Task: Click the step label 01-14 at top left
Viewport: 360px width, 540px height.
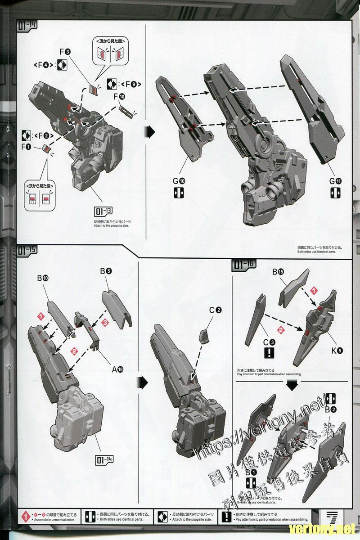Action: [27, 25]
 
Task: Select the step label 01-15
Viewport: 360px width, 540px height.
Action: [27, 251]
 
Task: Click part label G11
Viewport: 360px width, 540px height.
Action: [335, 181]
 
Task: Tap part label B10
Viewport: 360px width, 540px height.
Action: [44, 279]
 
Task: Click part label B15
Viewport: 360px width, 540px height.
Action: [278, 271]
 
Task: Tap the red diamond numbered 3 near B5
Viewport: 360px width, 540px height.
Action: [105, 323]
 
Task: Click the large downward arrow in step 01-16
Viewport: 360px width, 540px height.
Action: [292, 384]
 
